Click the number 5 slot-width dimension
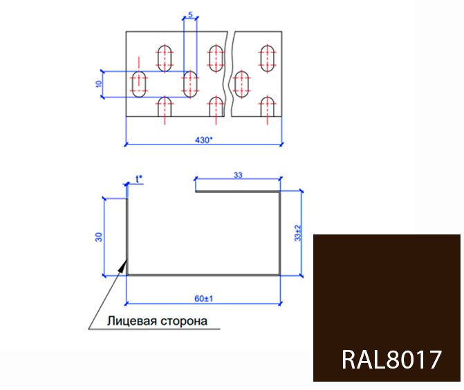click(x=190, y=14)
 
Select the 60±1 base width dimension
click(x=203, y=299)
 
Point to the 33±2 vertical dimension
click(x=298, y=233)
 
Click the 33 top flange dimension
click(x=238, y=176)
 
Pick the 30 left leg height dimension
click(x=99, y=236)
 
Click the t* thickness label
click(x=140, y=179)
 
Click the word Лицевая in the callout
click(x=130, y=321)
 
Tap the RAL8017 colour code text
click(x=391, y=360)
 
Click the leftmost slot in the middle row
click(x=140, y=84)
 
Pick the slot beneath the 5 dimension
click(x=190, y=84)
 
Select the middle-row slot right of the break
click(x=243, y=84)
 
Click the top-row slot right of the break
click(x=268, y=58)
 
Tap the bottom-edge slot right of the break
click(x=268, y=107)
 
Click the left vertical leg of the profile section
click(x=127, y=235)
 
